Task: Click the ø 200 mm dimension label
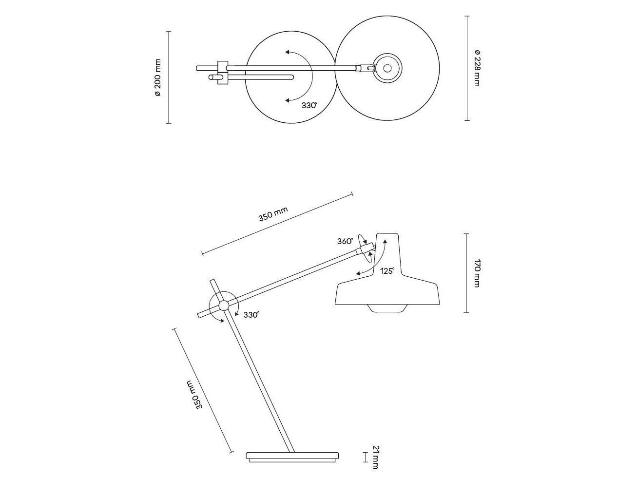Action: coord(157,77)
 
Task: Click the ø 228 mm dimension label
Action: coord(477,68)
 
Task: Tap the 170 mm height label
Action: coord(477,274)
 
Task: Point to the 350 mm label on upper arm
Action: coord(273,214)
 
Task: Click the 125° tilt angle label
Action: coord(387,271)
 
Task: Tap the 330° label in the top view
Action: coord(309,105)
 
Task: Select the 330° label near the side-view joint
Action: coord(251,315)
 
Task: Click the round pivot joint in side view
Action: coord(224,306)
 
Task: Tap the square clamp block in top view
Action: coord(222,72)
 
